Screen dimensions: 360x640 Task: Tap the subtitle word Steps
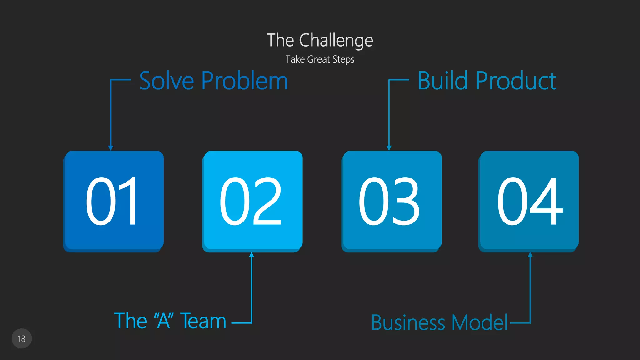coord(343,59)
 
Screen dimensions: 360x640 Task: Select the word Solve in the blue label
coord(167,81)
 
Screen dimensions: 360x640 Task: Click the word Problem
coord(244,81)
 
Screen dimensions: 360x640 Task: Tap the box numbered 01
coord(114,201)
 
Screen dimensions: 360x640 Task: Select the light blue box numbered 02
coord(252,201)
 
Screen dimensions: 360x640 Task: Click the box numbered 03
coord(392,201)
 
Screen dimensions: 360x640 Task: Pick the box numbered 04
coord(529,201)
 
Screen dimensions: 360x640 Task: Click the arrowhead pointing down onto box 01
coord(111,148)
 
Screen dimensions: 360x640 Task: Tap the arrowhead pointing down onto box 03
coord(389,148)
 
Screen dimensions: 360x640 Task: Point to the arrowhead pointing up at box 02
coord(252,255)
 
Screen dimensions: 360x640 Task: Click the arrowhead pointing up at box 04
coord(530,255)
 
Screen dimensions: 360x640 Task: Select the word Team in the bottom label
coord(203,321)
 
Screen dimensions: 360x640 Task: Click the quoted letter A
coord(163,321)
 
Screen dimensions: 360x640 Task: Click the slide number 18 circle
coord(22,338)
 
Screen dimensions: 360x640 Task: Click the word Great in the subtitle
coord(318,59)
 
